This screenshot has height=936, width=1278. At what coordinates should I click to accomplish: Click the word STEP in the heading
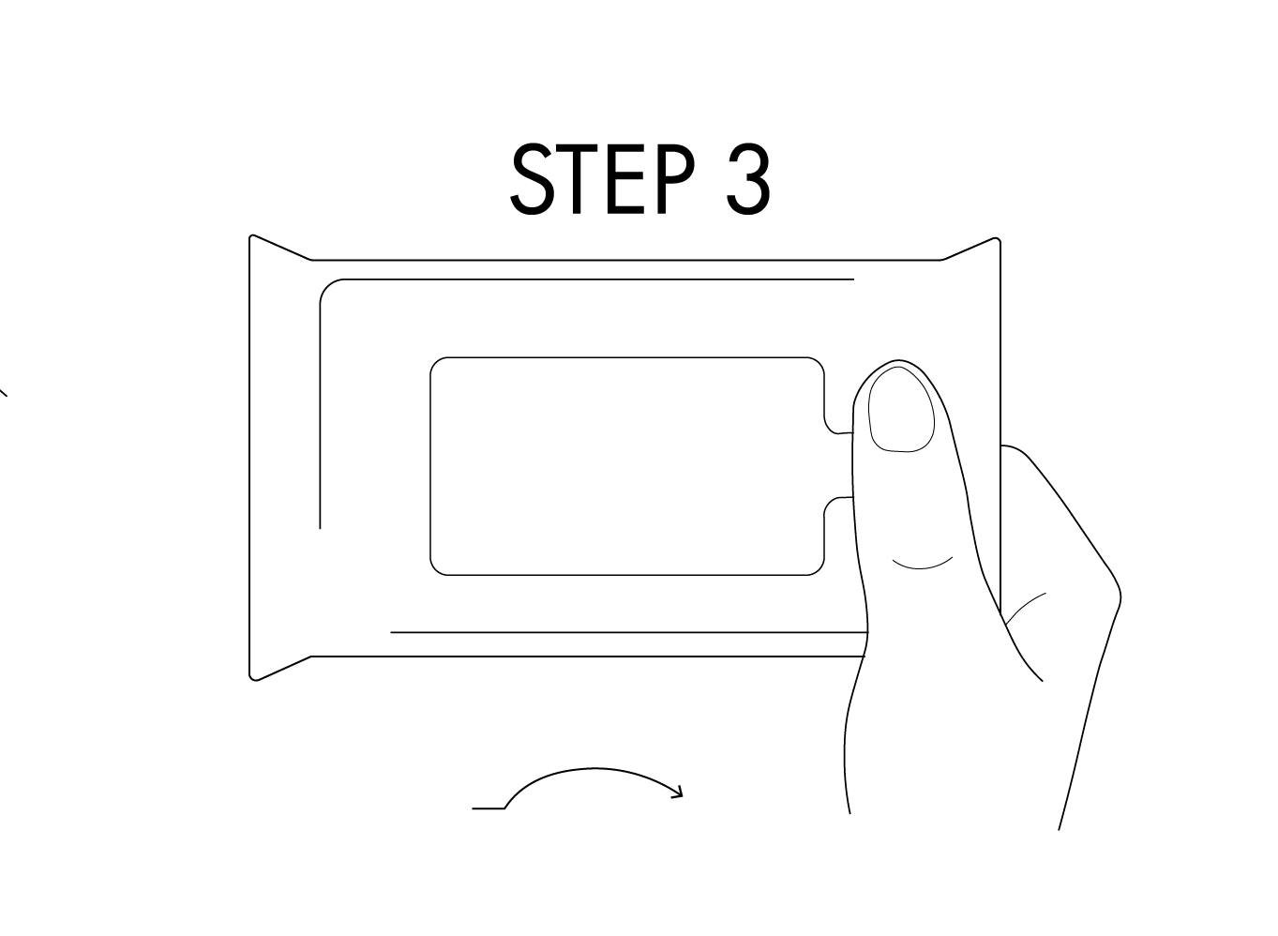point(603,178)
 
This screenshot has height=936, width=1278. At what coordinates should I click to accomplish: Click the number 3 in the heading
point(748,178)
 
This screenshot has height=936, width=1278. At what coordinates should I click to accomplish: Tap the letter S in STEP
point(532,178)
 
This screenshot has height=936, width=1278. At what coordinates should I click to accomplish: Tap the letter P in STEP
point(676,178)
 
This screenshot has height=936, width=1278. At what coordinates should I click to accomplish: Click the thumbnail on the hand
point(901,409)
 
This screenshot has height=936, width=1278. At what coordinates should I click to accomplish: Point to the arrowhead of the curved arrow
point(678,793)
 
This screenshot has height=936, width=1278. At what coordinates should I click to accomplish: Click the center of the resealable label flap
point(627,466)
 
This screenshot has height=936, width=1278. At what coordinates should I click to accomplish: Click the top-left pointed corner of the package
point(251,235)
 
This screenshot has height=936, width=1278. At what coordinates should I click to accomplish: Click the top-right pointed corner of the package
point(998,239)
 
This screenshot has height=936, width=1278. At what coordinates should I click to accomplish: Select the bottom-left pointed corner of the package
point(253,679)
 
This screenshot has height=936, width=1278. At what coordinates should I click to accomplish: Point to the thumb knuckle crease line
point(922,565)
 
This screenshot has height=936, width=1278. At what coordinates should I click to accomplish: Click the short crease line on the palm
point(1024,607)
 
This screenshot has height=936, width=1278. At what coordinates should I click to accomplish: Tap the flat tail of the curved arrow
point(489,808)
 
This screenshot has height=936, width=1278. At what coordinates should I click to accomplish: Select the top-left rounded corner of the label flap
point(436,363)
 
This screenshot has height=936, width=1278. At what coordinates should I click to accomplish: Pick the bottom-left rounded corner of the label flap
point(436,569)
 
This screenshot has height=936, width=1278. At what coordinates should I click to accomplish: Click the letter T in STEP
point(577,178)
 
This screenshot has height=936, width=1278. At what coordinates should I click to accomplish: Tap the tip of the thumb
point(898,361)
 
